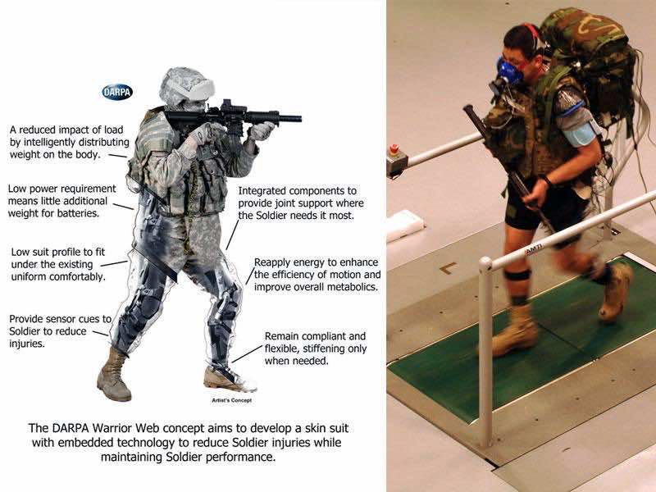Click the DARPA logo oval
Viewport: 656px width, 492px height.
(x=117, y=92)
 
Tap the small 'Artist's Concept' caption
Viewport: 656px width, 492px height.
(x=232, y=400)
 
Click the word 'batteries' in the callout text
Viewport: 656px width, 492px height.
(x=79, y=213)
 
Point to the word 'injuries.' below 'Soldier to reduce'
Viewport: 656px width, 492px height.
(x=27, y=344)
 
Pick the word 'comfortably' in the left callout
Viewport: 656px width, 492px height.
(x=78, y=277)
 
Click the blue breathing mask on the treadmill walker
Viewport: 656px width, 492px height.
(x=508, y=71)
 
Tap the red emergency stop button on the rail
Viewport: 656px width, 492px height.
(x=394, y=148)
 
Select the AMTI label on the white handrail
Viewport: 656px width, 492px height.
(x=534, y=249)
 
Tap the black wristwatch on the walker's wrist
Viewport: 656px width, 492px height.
(x=547, y=180)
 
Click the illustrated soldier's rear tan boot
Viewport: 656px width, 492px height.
(x=113, y=376)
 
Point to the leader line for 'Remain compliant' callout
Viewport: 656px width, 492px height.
(x=248, y=353)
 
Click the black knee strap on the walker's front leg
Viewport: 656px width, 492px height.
(x=517, y=276)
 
